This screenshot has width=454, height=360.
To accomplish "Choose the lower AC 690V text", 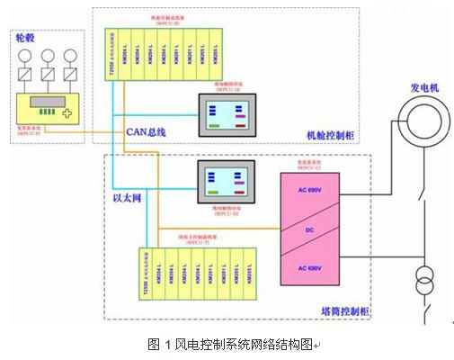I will click(x=308, y=267).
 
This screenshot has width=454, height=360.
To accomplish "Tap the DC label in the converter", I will click(x=308, y=229).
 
